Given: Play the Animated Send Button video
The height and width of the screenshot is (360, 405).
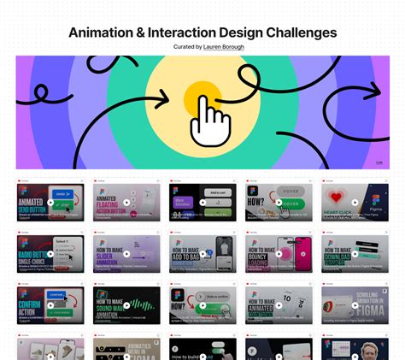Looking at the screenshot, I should click(x=50, y=204).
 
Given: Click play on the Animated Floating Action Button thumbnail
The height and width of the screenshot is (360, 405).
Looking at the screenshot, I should click(x=126, y=204).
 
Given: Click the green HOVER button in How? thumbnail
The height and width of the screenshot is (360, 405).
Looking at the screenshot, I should click(x=291, y=204).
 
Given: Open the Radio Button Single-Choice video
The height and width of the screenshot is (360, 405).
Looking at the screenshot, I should click(x=50, y=254).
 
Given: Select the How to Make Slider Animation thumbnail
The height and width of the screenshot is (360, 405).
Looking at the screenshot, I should click(x=126, y=254).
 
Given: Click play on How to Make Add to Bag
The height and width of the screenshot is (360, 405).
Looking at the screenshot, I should click(x=202, y=254).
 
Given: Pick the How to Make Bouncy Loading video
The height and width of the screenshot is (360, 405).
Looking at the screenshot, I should click(x=279, y=254).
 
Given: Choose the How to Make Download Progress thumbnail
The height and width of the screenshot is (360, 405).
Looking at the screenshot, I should click(x=355, y=254).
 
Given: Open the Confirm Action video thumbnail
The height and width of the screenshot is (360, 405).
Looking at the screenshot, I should click(x=50, y=304).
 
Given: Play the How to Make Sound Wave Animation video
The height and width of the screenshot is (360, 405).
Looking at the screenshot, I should click(x=126, y=304).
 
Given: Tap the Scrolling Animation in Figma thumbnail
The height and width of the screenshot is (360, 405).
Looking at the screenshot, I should click(x=355, y=304).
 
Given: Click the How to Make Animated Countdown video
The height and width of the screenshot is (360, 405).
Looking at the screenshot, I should click(x=279, y=304).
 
